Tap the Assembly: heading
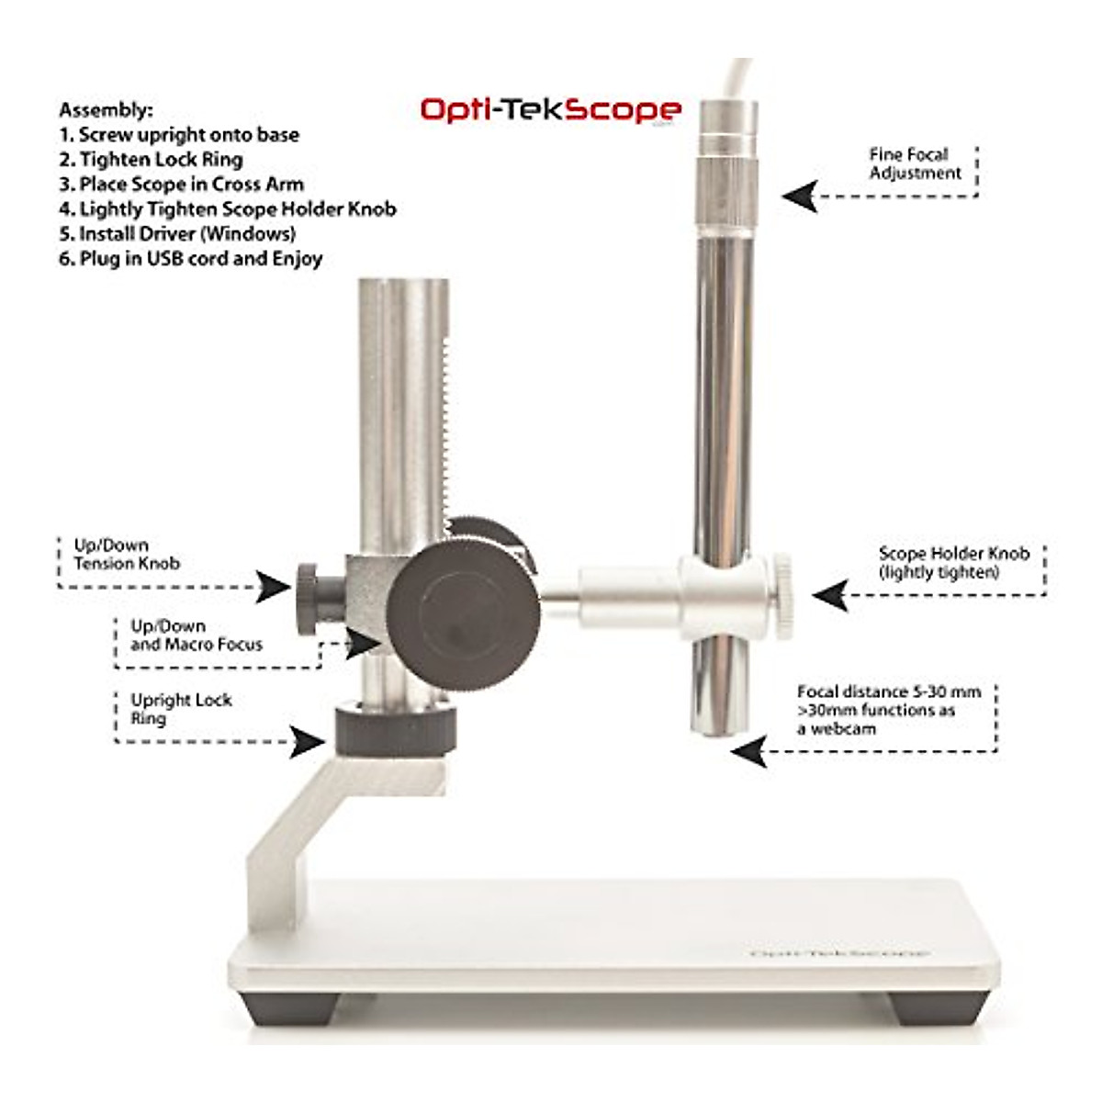(106, 110)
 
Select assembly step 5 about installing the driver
(177, 233)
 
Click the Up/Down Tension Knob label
(126, 554)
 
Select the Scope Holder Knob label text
(953, 562)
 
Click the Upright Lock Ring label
(180, 708)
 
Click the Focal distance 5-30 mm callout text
(887, 710)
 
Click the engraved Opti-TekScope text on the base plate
(839, 953)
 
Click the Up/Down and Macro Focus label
(196, 635)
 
